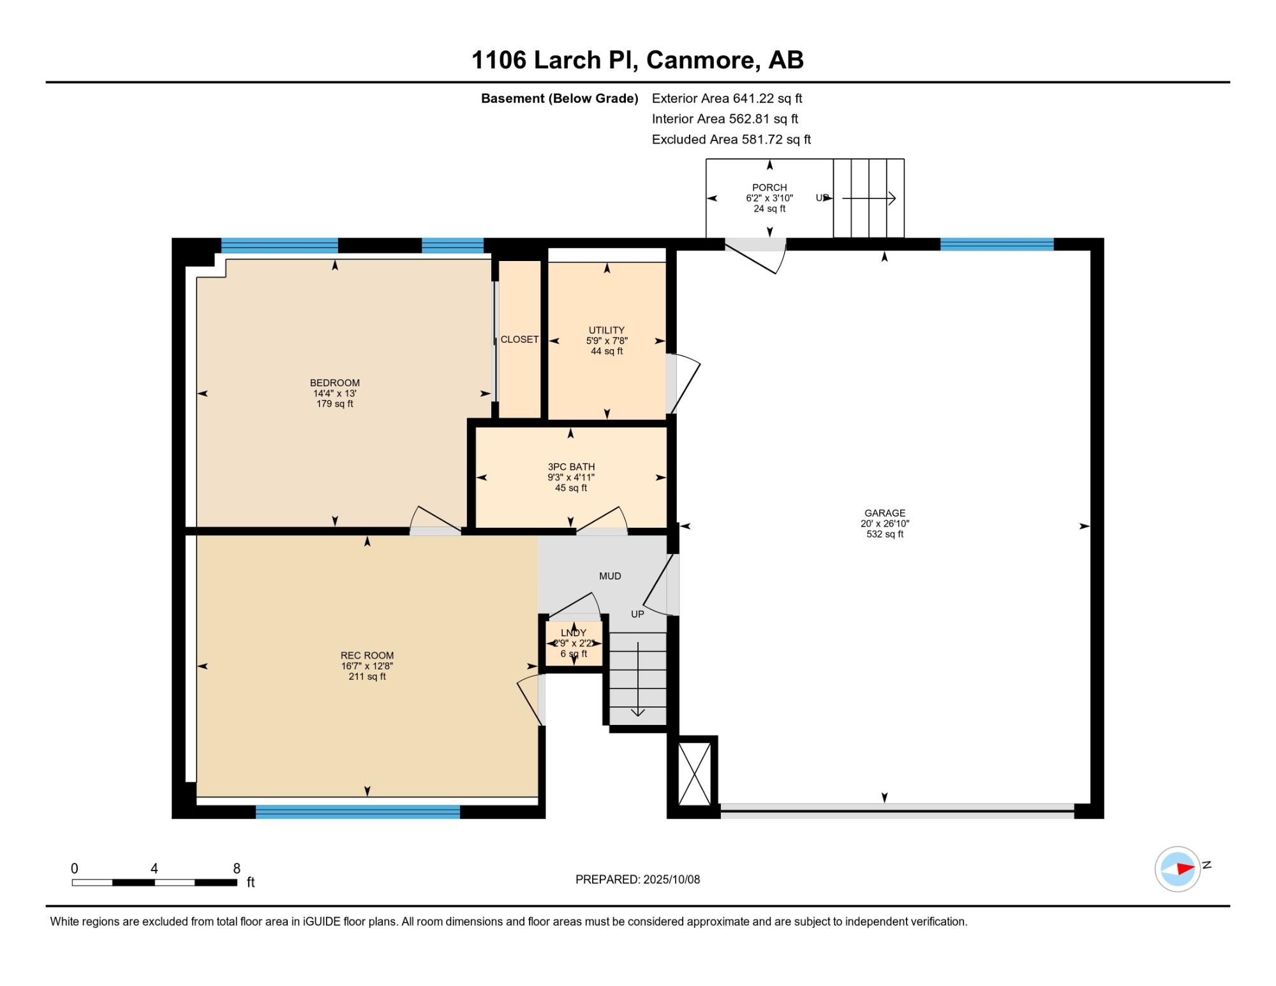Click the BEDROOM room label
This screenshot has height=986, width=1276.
tap(335, 383)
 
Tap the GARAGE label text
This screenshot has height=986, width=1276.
tap(885, 512)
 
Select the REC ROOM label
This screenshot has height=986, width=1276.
tap(367, 655)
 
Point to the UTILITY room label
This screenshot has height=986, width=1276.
tap(607, 330)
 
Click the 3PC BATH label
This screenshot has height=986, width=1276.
tap(571, 467)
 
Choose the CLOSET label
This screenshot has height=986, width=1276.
tap(519, 340)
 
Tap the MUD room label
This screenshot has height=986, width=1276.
tap(610, 576)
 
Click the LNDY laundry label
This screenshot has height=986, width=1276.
tap(574, 633)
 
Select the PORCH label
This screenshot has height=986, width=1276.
tap(769, 188)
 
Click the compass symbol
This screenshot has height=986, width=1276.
tap(1178, 869)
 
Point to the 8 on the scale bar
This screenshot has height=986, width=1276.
tap(237, 869)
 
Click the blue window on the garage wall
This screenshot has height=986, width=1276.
tap(997, 244)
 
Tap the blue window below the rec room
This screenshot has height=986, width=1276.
tap(358, 812)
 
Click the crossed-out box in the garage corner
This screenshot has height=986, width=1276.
tap(694, 773)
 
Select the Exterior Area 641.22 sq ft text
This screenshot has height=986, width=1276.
tap(727, 98)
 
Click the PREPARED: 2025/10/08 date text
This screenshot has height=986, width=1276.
tap(637, 879)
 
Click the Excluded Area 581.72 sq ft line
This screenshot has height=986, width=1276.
tap(731, 139)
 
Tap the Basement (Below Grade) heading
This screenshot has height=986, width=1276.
tap(560, 98)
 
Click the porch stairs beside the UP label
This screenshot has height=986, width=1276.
tap(869, 198)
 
